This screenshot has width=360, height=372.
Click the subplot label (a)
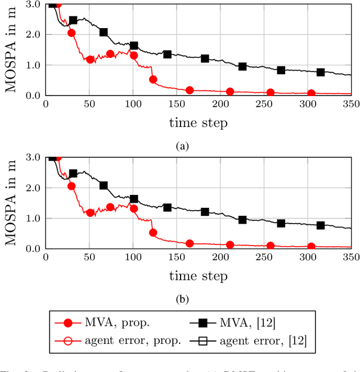tap(181, 146)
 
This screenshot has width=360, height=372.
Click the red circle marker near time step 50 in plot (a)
tap(90, 59)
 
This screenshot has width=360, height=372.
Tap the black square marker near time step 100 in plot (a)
tap(134, 46)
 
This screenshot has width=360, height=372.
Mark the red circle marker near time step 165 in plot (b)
tap(190, 243)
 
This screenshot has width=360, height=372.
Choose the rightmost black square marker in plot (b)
tap(321, 225)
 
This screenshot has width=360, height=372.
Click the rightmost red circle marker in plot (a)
tap(311, 93)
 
